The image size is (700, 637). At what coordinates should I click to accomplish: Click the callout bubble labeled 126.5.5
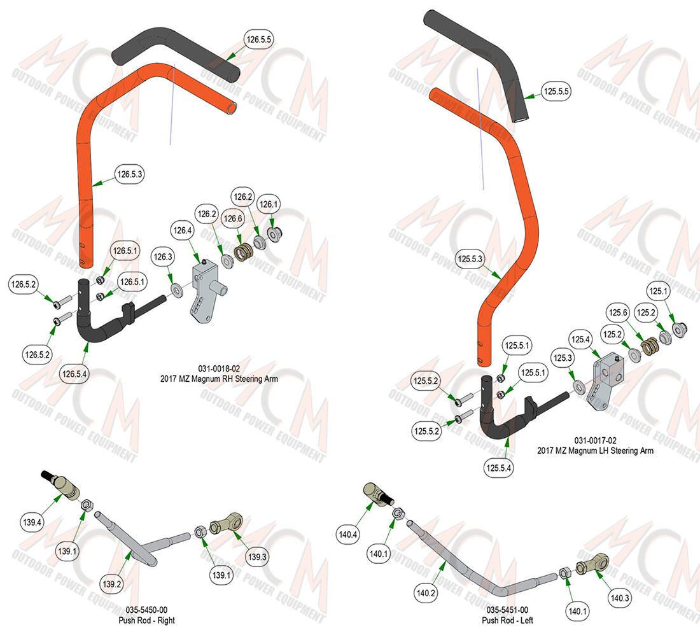pos(259,39)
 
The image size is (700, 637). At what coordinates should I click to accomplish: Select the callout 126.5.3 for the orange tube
pos(129,174)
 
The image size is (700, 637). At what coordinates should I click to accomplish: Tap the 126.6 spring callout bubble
pos(232,218)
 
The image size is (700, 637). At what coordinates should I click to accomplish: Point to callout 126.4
pos(183,230)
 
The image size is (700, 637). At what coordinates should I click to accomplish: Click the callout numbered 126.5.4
pos(74,374)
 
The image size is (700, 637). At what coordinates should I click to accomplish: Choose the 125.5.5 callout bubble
pos(556,92)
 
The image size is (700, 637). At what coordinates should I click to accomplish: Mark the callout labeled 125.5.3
pos(470,259)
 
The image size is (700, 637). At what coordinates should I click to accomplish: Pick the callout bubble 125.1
pos(658,291)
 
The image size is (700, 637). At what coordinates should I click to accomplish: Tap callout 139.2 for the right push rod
pos(111,584)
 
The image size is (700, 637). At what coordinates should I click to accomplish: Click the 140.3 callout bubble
pos(620,598)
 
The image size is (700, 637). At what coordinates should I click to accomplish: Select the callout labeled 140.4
pos(347,535)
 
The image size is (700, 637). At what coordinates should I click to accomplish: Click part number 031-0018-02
pos(219,368)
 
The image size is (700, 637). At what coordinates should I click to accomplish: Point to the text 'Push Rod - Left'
pos(507,620)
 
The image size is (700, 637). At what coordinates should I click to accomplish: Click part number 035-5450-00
pos(146,610)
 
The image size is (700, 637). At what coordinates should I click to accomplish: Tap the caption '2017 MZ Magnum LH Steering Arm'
pos(595,451)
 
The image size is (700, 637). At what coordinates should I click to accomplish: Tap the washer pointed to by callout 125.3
pos(580,386)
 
